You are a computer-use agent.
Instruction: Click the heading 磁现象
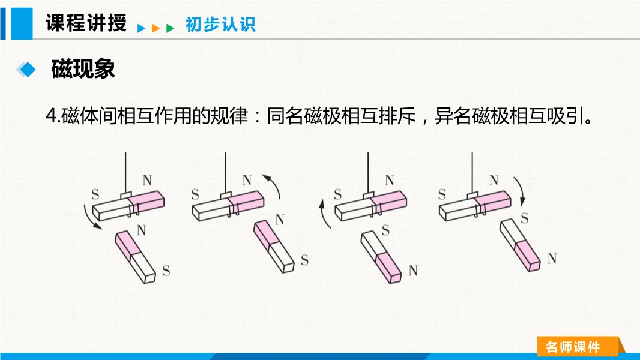83,68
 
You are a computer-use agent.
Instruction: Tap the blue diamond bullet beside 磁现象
26,70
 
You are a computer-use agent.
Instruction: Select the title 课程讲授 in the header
86,22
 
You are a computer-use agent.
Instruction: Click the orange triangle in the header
155,28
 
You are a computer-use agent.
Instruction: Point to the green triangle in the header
170,28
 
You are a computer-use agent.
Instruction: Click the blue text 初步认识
220,25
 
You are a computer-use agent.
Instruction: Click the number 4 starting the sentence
51,116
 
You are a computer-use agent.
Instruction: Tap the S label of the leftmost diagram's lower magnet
166,271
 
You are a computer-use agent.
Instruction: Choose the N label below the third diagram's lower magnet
413,271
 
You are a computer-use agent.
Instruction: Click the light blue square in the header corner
22,23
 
